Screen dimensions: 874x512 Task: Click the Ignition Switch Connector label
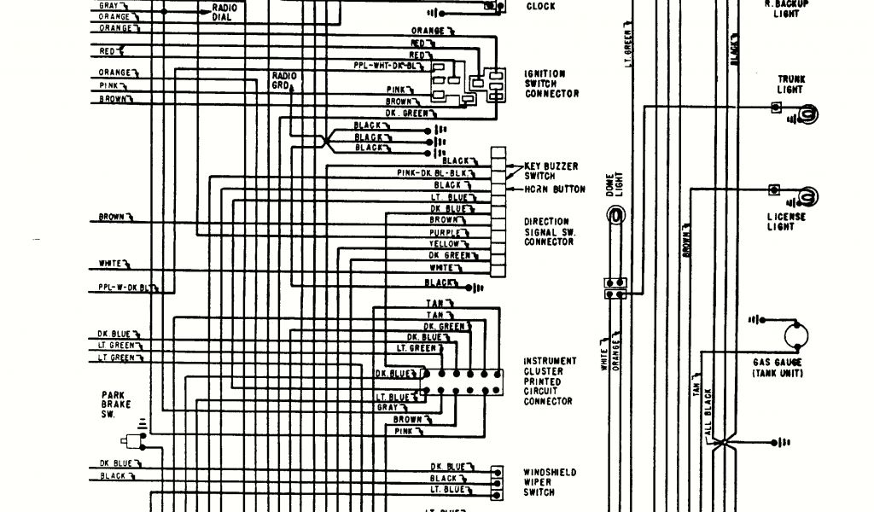551,84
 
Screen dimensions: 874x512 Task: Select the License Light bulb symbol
806,197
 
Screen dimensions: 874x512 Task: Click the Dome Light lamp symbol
613,218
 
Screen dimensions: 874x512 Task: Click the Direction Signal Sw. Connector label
549,231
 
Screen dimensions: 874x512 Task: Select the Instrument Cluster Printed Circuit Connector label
550,381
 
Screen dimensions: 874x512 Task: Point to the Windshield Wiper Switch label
550,482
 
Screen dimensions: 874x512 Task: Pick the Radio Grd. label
284,81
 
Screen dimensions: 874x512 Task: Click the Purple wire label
448,232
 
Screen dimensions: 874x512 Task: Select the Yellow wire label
448,243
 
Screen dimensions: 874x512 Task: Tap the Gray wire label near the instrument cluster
387,408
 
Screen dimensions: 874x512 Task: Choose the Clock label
540,7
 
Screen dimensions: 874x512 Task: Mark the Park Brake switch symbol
132,441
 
